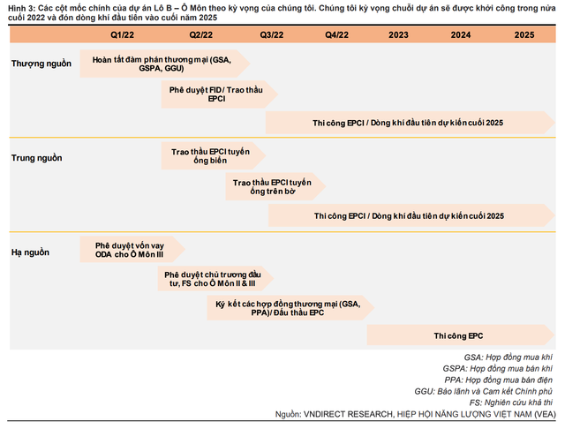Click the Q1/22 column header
(123, 34)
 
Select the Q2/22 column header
(200, 34)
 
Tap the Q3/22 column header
(271, 34)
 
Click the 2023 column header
(398, 34)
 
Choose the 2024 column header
(460, 34)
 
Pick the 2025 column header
(524, 34)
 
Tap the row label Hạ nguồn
(31, 252)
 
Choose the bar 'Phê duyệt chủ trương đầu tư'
(209, 280)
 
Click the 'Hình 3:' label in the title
(21, 6)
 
